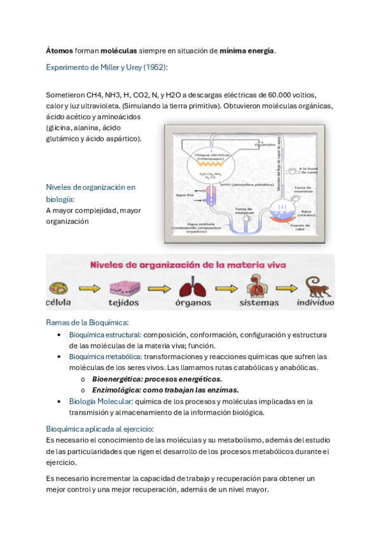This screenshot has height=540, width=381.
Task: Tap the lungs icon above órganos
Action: click(193, 287)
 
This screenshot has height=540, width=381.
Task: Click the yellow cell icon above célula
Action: click(55, 287)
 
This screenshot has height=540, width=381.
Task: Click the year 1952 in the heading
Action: click(151, 67)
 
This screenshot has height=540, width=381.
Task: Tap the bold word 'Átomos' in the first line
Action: click(60, 50)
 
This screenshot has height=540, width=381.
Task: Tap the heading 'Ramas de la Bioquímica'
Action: click(88, 322)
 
